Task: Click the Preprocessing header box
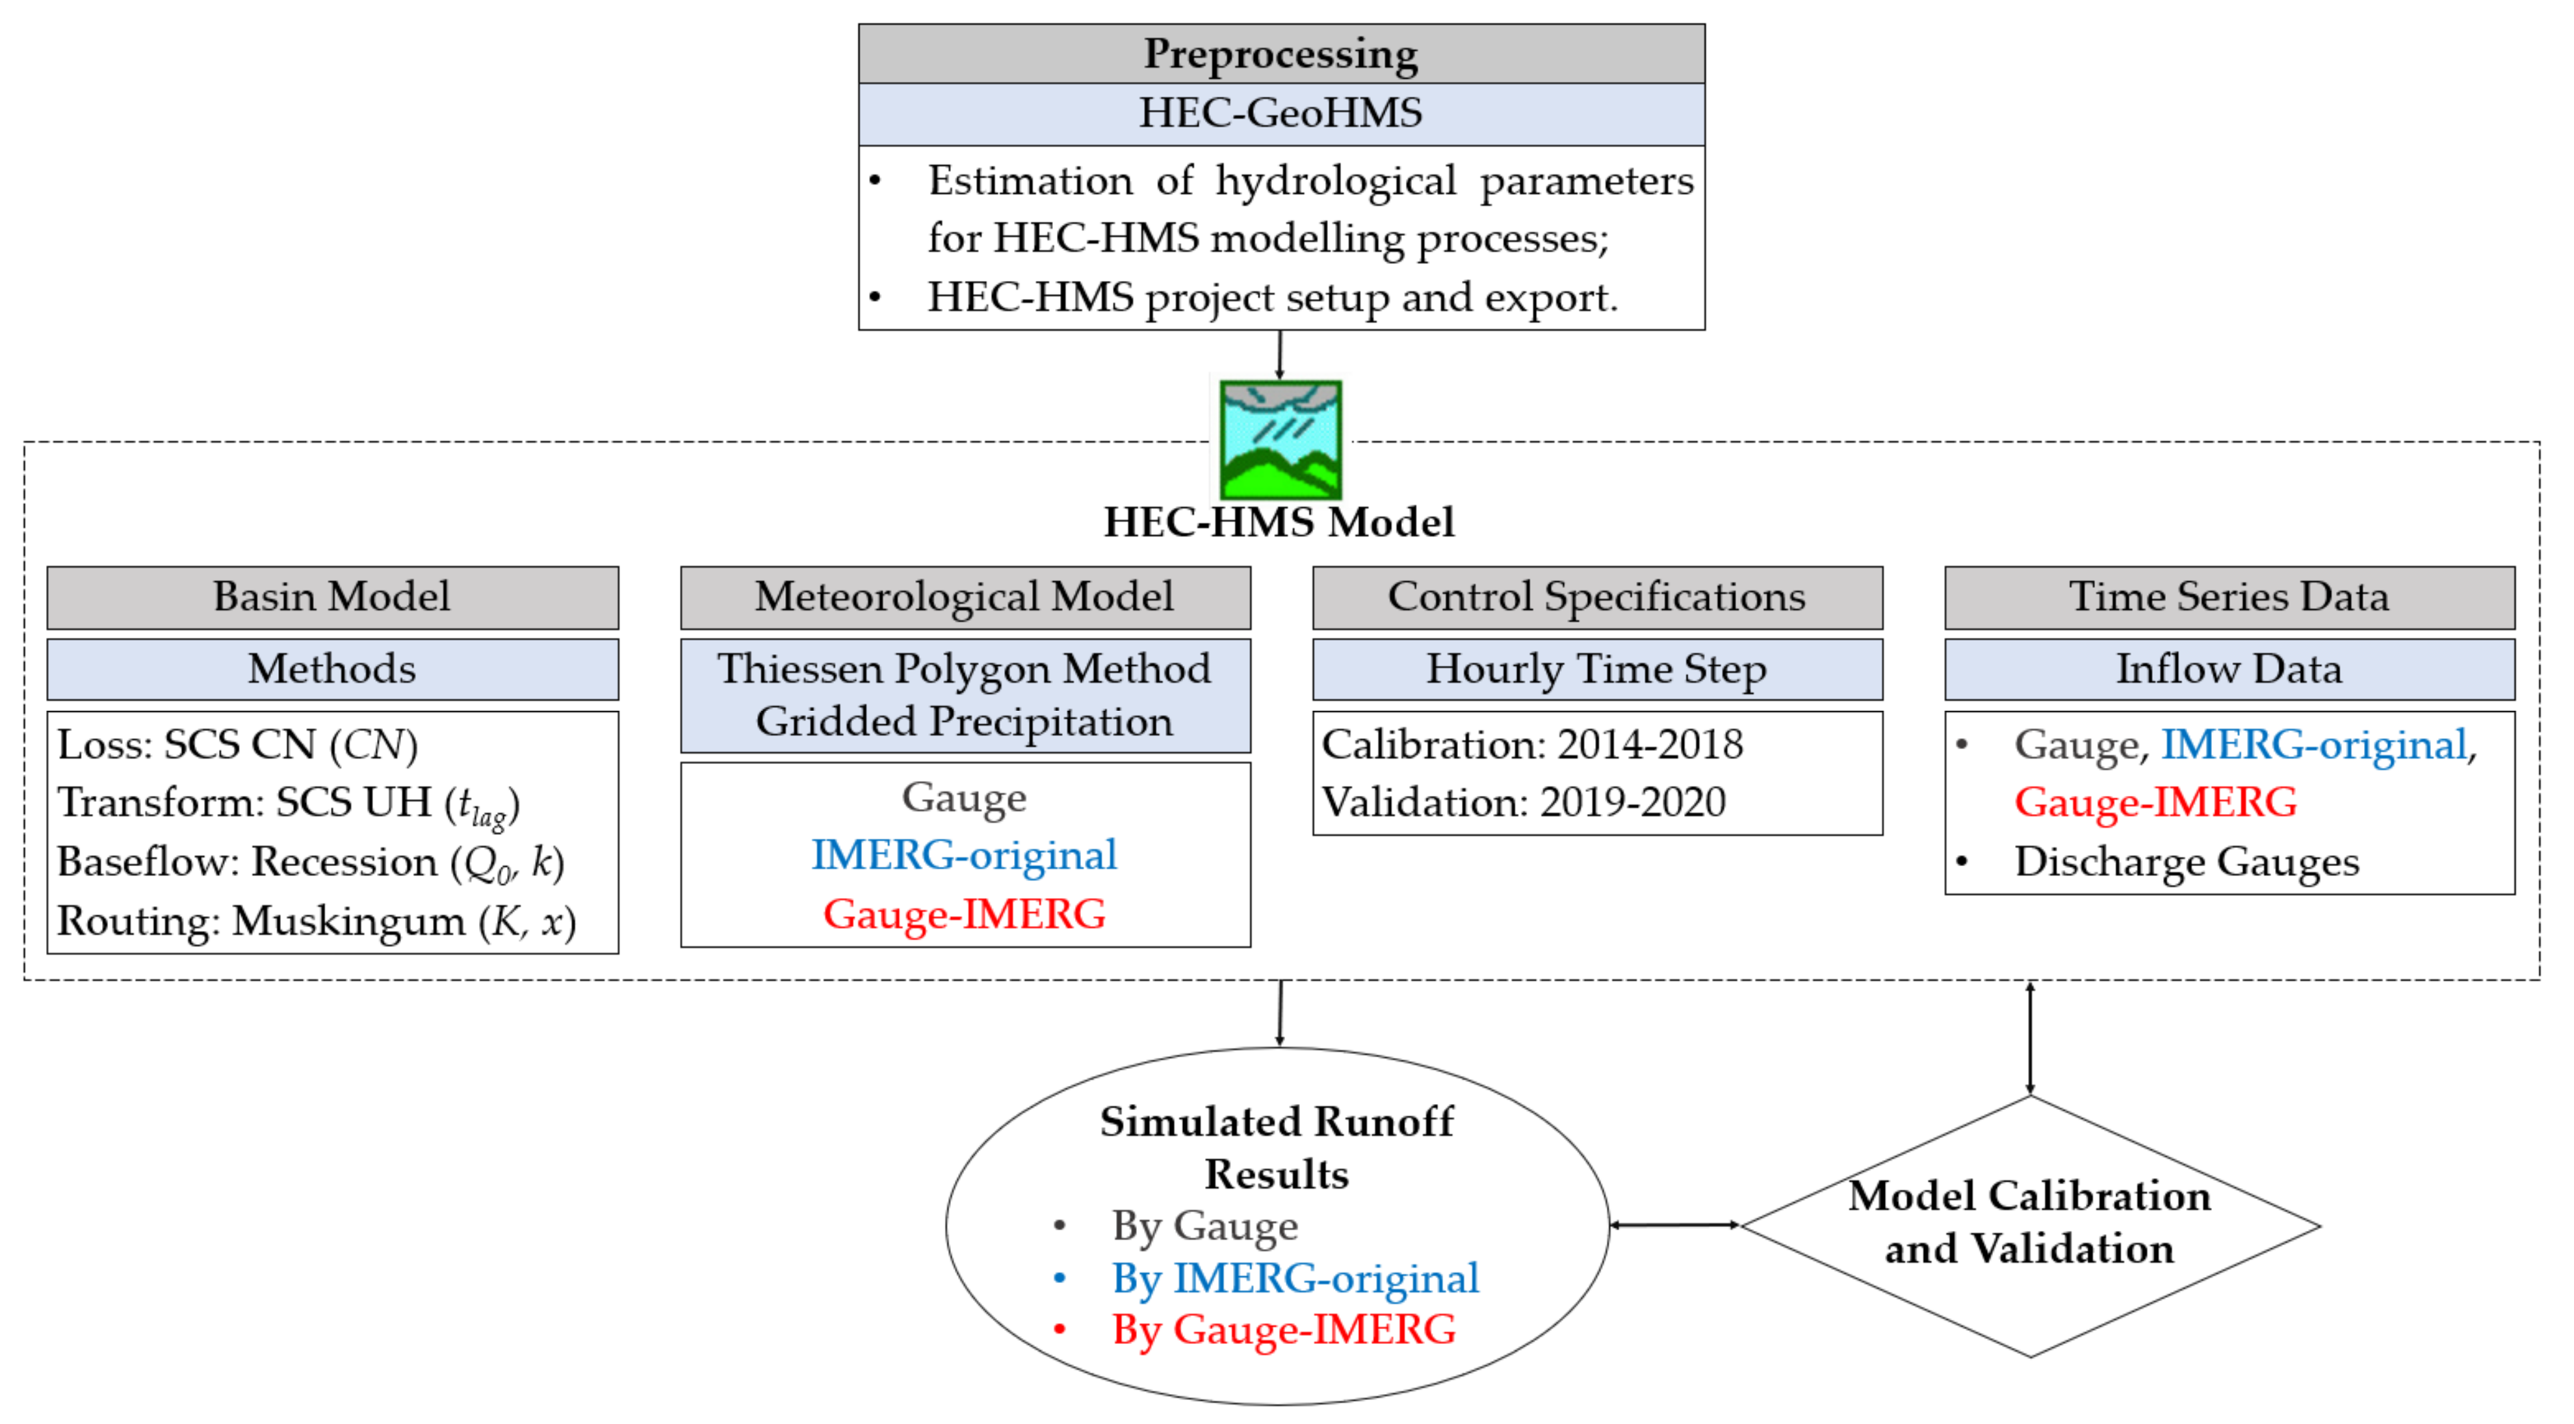1281,54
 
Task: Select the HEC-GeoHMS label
1281,114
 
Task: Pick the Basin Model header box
333,598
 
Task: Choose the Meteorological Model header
965,598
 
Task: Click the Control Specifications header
1597,598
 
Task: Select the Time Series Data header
2229,598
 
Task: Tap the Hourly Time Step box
1597,670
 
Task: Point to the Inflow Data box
2229,670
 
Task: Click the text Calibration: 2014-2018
1532,745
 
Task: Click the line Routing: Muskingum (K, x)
317,921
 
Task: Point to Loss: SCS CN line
238,745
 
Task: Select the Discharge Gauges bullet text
2187,862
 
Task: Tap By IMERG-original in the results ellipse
1295,1279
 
